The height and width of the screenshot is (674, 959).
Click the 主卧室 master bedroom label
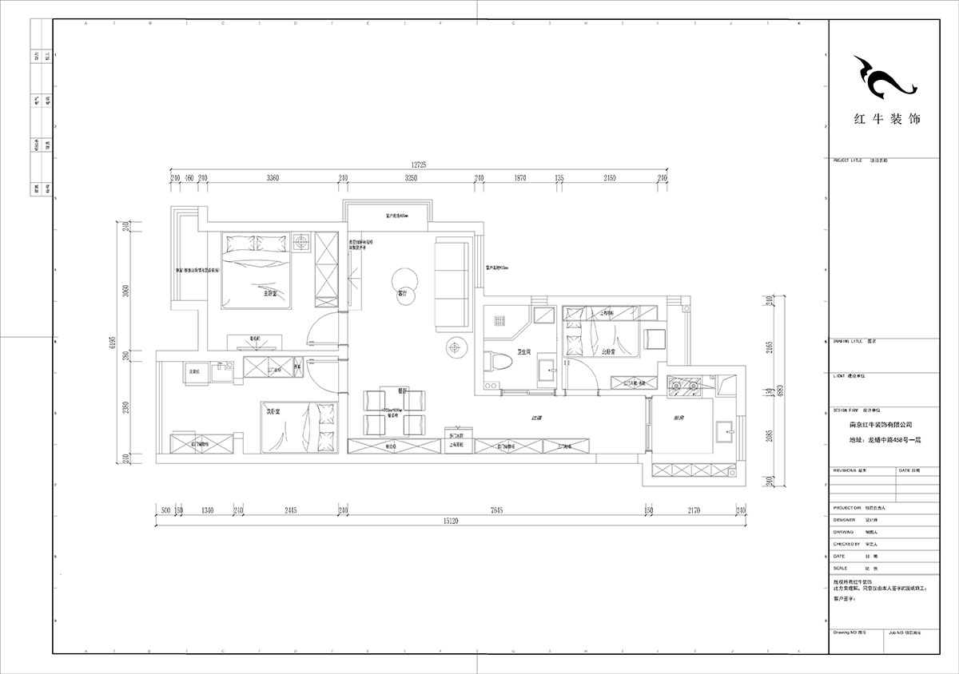point(270,294)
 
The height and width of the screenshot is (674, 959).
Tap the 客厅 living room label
point(403,294)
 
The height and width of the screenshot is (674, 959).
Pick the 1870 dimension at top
point(519,178)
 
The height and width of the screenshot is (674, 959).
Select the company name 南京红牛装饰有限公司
point(874,426)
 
